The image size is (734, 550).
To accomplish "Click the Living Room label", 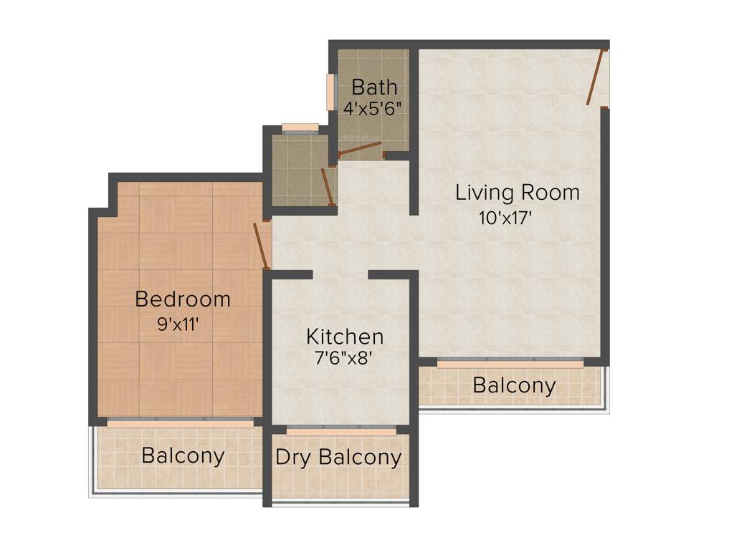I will (518, 193).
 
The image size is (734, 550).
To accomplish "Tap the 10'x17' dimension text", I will (505, 218).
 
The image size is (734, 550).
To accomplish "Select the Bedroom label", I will (183, 299).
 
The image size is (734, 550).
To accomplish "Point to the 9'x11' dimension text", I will (178, 324).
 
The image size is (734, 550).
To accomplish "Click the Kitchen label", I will (345, 337).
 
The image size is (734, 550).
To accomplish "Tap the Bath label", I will (374, 87).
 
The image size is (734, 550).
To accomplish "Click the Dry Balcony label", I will (338, 458).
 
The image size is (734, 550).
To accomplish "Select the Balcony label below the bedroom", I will (183, 455).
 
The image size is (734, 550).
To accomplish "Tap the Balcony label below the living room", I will (514, 385).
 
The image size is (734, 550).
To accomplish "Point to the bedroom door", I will (262, 246).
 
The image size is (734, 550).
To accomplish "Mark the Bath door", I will (360, 149).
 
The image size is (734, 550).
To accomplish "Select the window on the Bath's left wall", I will (331, 92).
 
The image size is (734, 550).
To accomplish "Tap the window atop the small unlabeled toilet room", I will (300, 128).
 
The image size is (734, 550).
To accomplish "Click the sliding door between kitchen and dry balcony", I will (341, 431).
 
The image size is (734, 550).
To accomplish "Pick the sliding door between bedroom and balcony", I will (180, 423).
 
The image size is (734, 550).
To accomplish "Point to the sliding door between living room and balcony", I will (510, 363).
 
